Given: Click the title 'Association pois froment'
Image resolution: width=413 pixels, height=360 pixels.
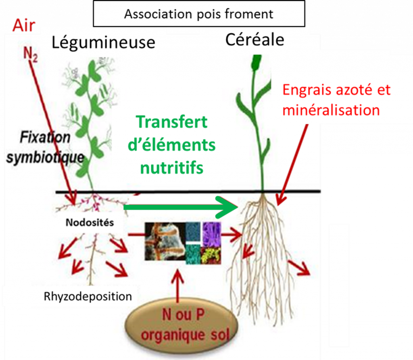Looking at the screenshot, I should (x=198, y=14).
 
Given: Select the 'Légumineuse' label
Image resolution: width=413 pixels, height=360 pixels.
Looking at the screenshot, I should (x=103, y=42).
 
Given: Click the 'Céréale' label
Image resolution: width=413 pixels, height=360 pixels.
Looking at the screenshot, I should (x=254, y=40).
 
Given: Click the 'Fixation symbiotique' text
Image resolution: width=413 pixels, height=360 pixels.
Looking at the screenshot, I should (x=45, y=147).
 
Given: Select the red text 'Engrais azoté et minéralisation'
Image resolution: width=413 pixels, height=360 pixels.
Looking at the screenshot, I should (x=336, y=100).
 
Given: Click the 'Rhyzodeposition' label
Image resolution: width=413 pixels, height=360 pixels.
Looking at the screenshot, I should (x=88, y=297).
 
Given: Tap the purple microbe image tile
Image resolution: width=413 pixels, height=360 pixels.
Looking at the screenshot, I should (x=212, y=234).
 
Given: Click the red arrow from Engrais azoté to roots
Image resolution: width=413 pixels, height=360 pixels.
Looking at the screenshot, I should (x=292, y=161).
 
